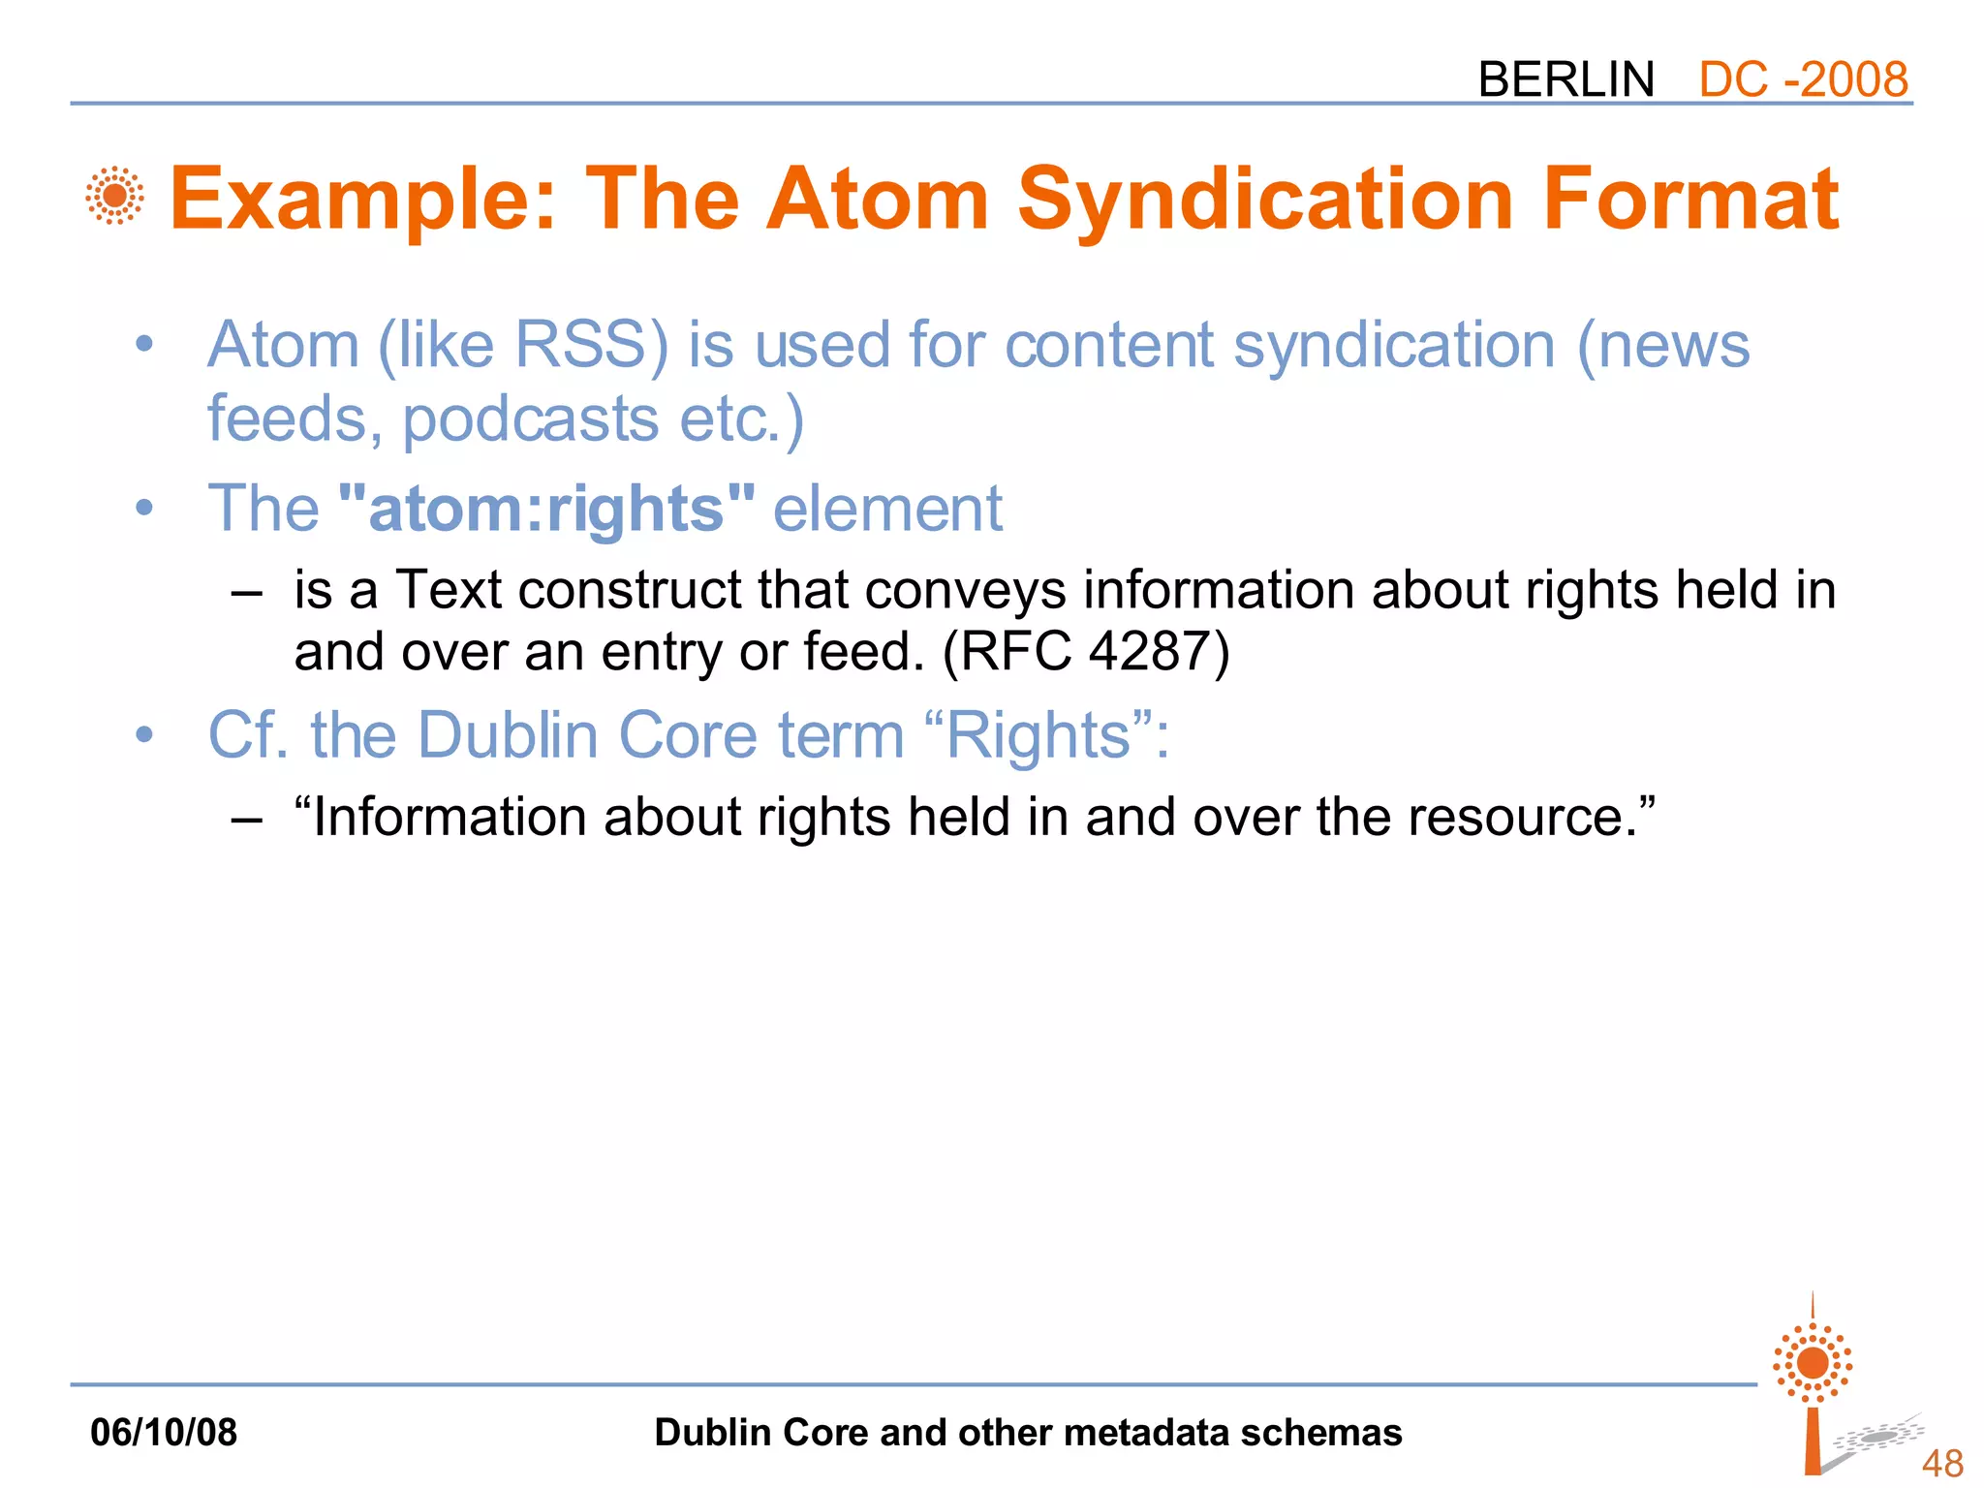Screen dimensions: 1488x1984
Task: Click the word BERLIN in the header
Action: pyautogui.click(x=1565, y=79)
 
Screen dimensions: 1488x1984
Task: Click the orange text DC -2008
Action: pyautogui.click(x=1803, y=79)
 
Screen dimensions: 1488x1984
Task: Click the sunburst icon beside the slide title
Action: pyautogui.click(x=114, y=196)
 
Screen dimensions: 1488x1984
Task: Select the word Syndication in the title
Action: pyautogui.click(x=1265, y=200)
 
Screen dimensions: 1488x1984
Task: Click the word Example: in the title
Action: pyautogui.click(x=364, y=200)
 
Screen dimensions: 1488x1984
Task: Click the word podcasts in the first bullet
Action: pyautogui.click(x=530, y=419)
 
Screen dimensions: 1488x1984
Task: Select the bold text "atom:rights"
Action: pyautogui.click(x=546, y=509)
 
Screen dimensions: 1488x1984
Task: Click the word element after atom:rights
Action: pyautogui.click(x=887, y=509)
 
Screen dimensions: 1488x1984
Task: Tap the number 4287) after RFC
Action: pyautogui.click(x=1159, y=651)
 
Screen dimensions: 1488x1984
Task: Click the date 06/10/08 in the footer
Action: pyautogui.click(x=163, y=1432)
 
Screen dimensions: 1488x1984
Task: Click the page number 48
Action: pyautogui.click(x=1941, y=1463)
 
